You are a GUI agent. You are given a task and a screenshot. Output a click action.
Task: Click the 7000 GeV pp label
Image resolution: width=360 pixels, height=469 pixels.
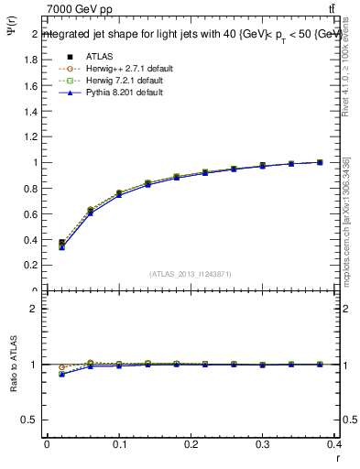click(80, 9)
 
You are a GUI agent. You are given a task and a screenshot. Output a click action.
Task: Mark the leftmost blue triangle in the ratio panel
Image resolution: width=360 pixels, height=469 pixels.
click(61, 374)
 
